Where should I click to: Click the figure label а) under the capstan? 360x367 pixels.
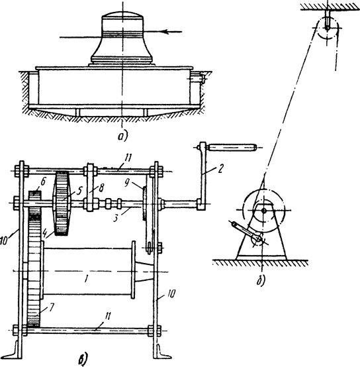point(122,136)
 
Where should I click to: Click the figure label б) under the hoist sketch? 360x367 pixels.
point(261,280)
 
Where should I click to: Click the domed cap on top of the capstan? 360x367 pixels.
point(122,17)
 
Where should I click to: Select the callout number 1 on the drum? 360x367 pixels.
point(86,279)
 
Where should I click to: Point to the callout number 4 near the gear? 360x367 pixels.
point(44,235)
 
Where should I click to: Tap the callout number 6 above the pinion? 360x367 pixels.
point(44,181)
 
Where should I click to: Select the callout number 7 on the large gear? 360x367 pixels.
point(51,307)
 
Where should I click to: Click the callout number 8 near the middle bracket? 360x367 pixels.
point(101,187)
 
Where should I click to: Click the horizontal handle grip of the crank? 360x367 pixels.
point(232,148)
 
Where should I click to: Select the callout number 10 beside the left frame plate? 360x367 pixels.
point(4,240)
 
